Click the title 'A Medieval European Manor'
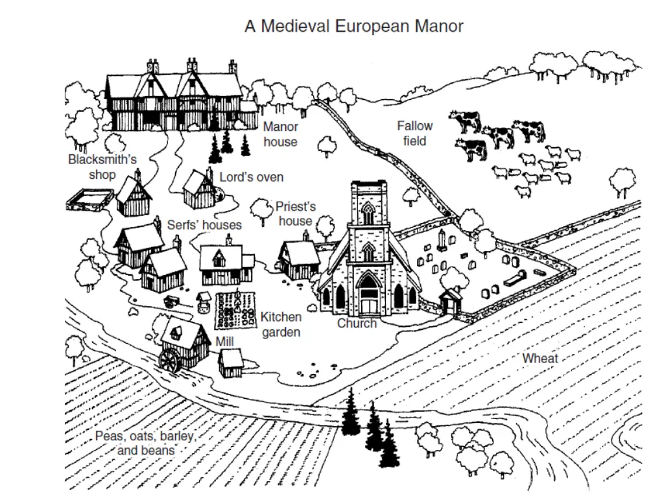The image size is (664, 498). pos(354,27)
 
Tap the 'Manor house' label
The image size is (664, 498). pos(280,134)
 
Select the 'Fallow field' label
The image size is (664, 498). pos(414,133)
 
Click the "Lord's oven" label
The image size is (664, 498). pos(251,177)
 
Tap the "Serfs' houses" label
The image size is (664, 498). pos(204,225)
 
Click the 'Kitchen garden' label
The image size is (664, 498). pos(281,324)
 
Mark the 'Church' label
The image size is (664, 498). pos(357,323)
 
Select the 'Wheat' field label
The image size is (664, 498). pos(540,359)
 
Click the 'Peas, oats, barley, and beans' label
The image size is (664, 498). pos(145,443)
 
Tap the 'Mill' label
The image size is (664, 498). pos(226,341)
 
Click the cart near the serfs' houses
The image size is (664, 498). pos(172,300)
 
